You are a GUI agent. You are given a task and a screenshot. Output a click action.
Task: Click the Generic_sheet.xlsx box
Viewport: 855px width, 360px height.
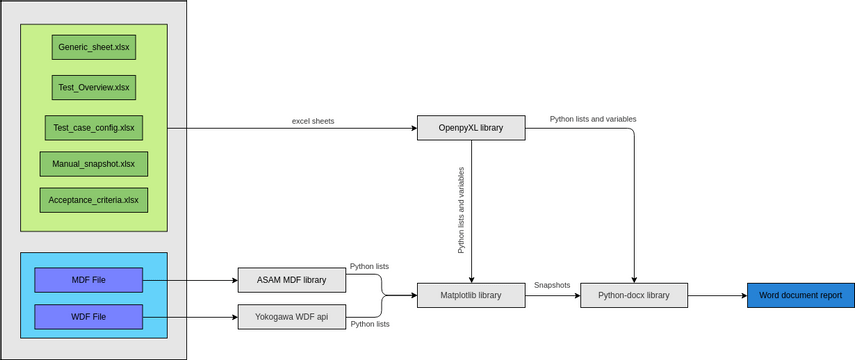(x=93, y=46)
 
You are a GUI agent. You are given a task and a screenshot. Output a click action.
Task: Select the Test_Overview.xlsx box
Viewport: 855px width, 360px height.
(x=93, y=87)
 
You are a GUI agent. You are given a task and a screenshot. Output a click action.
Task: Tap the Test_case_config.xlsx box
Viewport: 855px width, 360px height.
(x=93, y=128)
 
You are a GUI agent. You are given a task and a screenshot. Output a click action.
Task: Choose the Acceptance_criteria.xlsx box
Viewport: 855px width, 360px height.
(x=93, y=200)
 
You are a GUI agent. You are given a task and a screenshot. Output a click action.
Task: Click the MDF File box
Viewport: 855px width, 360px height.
(x=89, y=280)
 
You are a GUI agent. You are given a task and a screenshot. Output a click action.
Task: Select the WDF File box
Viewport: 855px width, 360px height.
(x=89, y=317)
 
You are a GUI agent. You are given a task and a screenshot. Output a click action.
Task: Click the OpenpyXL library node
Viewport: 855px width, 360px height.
(x=471, y=128)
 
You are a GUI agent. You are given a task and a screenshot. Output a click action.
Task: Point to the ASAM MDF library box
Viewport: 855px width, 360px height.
(x=291, y=280)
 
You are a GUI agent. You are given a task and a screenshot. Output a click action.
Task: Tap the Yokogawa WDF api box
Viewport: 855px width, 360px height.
(x=291, y=317)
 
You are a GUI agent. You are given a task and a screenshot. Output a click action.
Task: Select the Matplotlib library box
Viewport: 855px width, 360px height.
(x=471, y=295)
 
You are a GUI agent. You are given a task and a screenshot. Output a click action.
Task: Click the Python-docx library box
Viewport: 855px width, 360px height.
(x=634, y=295)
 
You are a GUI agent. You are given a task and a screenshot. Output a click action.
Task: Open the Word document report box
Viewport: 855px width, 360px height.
(x=800, y=295)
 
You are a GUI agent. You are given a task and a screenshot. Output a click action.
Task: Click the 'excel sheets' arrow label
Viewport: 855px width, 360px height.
(x=313, y=121)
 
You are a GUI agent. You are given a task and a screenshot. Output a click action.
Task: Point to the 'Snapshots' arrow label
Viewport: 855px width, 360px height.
(x=552, y=285)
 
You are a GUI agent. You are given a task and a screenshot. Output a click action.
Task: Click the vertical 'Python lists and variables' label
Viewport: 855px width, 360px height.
(x=461, y=209)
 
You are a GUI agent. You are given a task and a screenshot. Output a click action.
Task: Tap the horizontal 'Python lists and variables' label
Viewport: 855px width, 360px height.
(x=593, y=119)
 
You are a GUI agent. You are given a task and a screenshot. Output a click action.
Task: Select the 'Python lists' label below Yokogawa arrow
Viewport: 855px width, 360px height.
(x=369, y=324)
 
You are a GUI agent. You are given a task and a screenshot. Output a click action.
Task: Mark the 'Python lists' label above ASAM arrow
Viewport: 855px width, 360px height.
(x=369, y=267)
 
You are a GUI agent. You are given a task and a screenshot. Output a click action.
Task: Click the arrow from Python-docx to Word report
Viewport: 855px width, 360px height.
(x=716, y=295)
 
